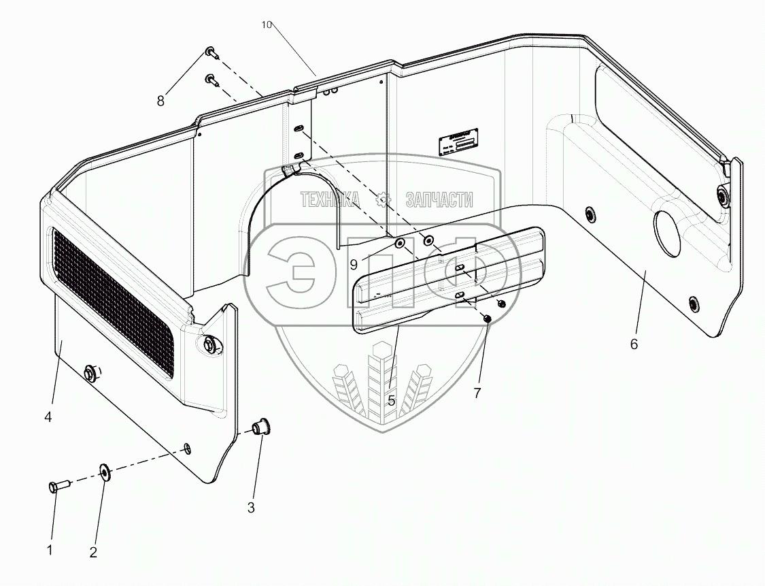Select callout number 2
[x=93, y=552]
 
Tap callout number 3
[x=251, y=507]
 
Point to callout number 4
[x=48, y=417]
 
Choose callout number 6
[x=634, y=344]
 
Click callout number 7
[x=477, y=393]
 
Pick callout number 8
[x=160, y=101]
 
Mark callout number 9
[x=354, y=265]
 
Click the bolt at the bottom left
[x=56, y=487]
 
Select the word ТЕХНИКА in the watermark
[x=330, y=199]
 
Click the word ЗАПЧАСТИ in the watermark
[x=439, y=199]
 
